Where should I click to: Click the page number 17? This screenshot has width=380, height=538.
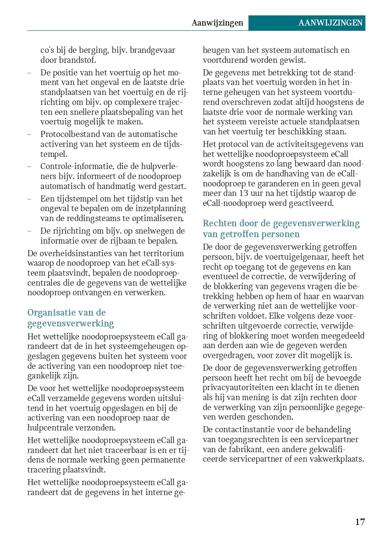360,522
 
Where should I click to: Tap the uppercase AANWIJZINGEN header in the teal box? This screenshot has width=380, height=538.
330,23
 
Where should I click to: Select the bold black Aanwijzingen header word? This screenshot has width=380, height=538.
217,23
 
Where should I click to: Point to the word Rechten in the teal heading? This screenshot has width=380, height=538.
219,224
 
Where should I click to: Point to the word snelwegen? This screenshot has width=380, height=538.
154,231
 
